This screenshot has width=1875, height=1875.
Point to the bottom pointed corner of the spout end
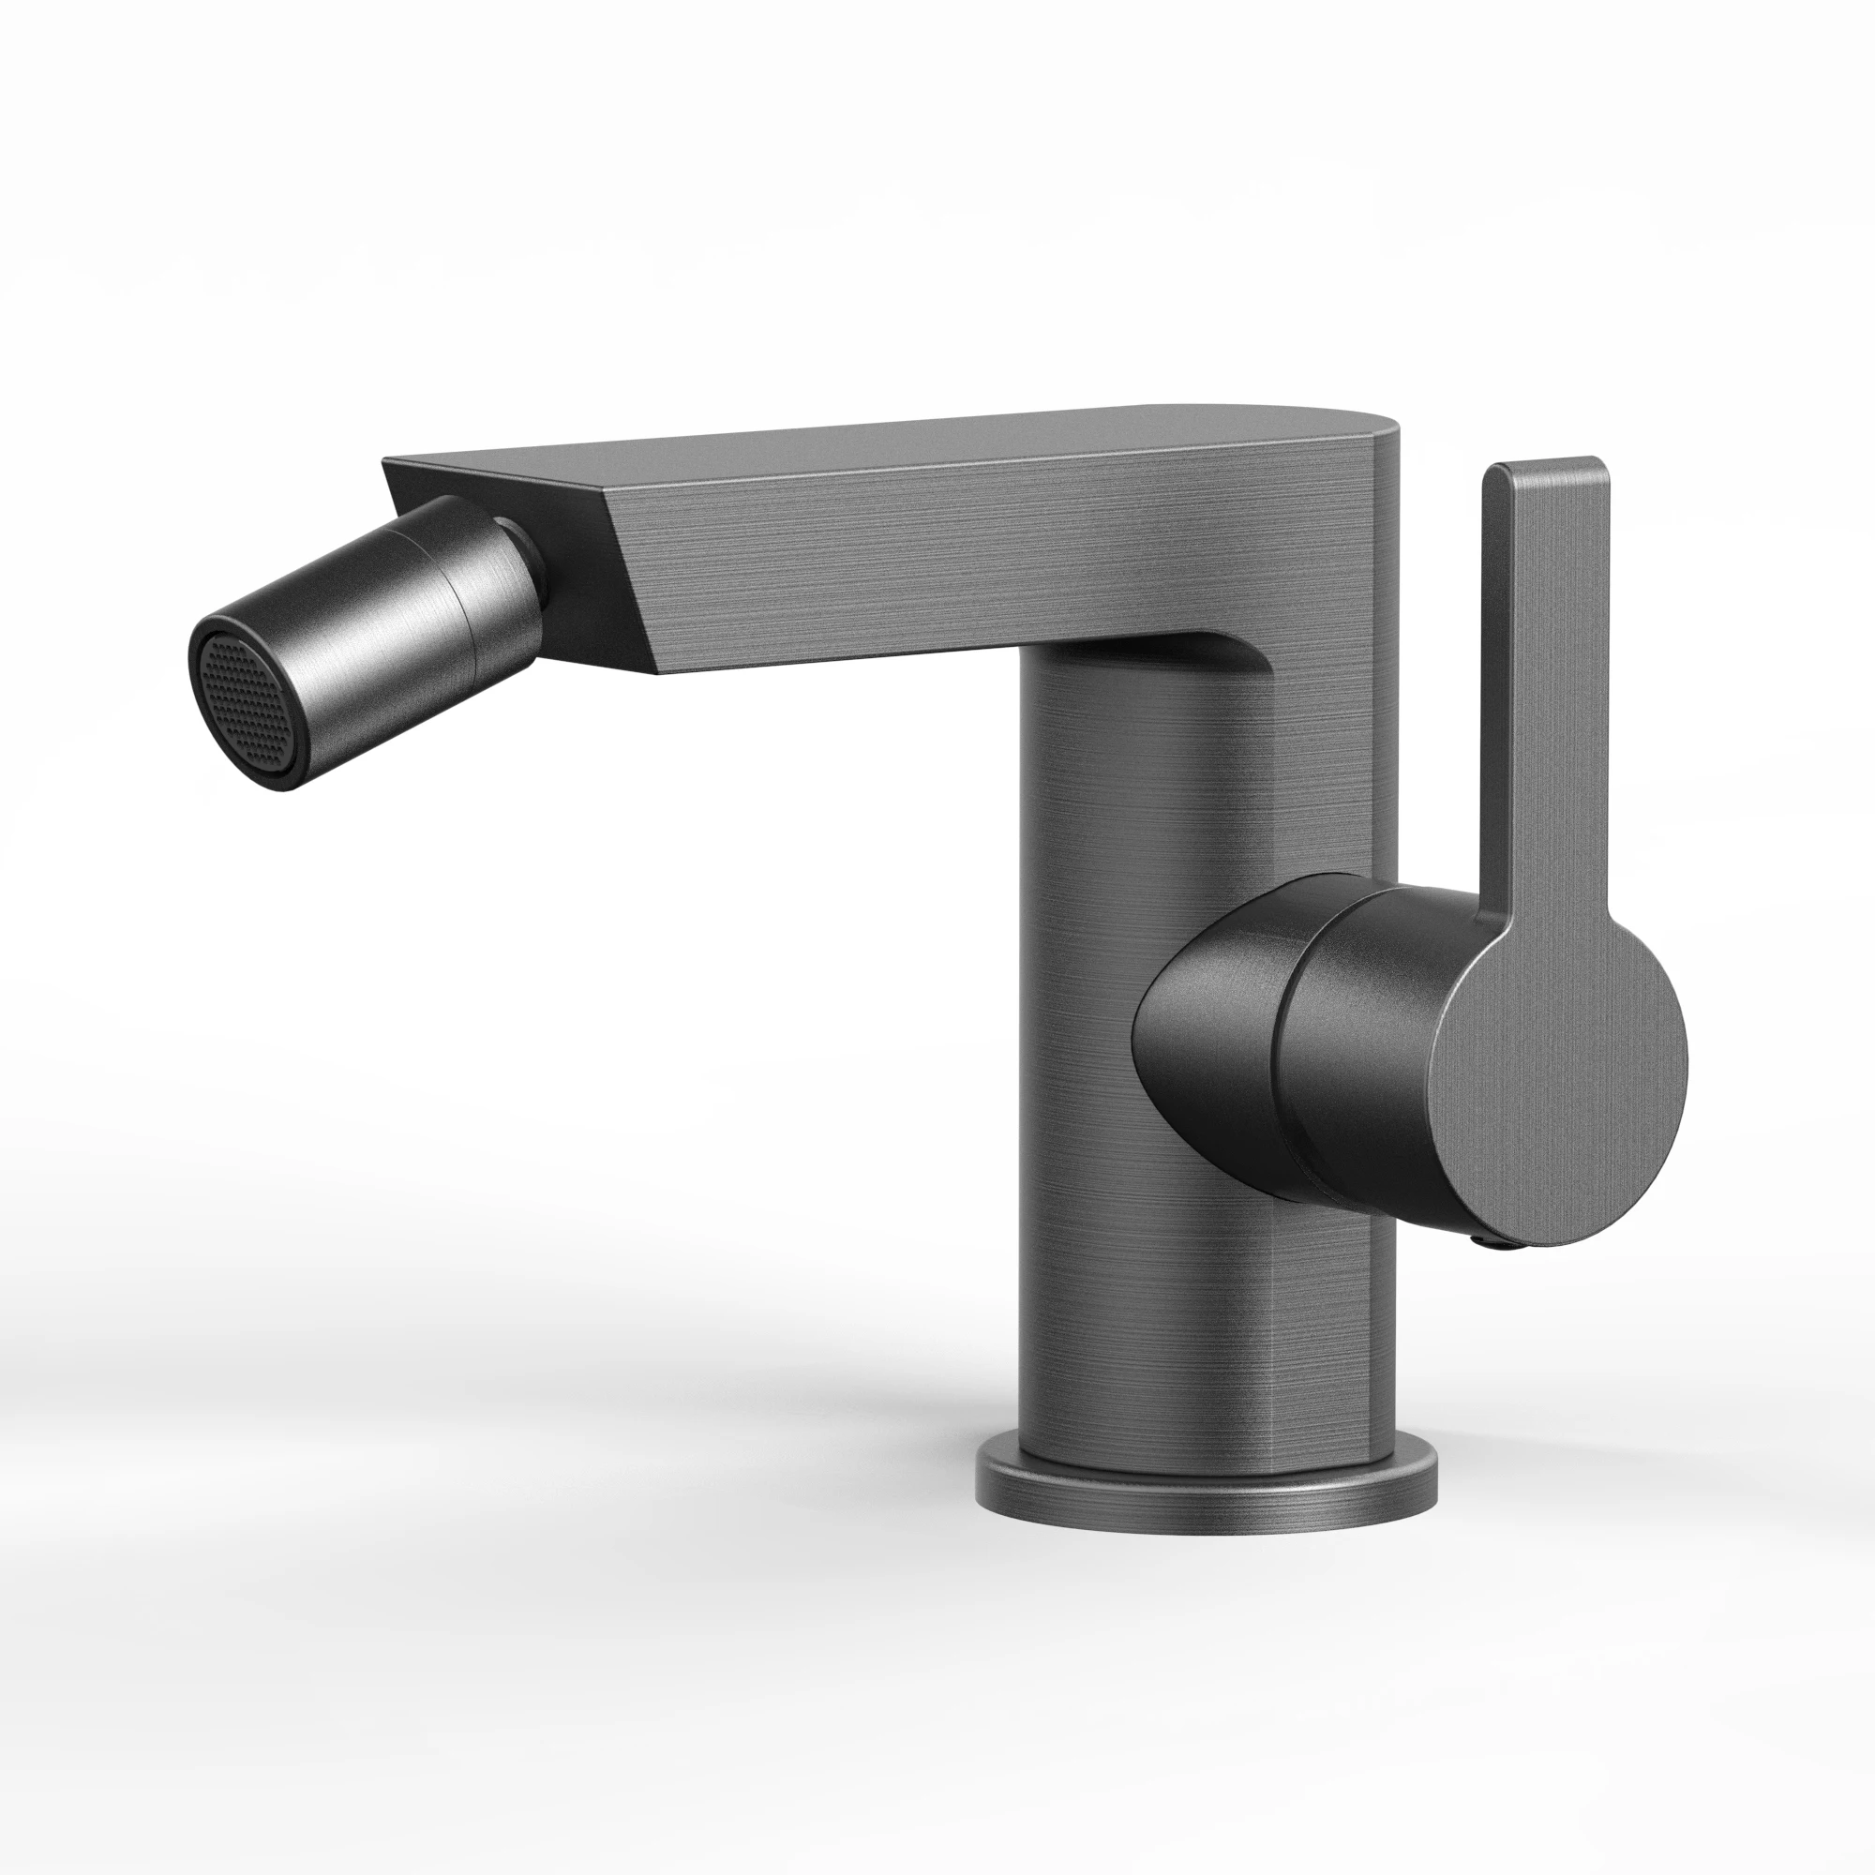658,671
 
